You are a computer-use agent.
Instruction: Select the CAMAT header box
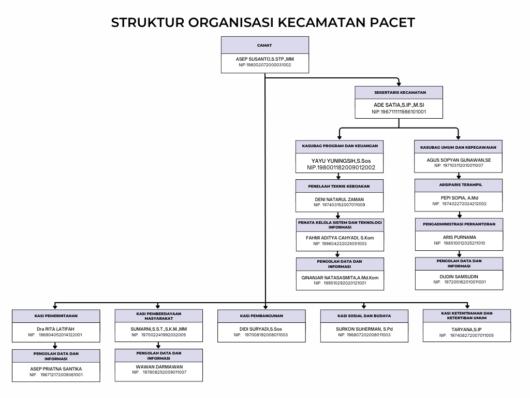[x=264, y=45]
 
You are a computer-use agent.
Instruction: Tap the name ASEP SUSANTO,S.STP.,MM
[x=264, y=59]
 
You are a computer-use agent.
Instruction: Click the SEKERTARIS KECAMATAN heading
[x=399, y=93]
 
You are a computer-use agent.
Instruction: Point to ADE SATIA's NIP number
[x=399, y=111]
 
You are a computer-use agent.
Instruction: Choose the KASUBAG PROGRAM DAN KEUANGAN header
[x=340, y=146]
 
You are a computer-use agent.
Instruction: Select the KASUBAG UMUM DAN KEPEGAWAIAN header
[x=459, y=147]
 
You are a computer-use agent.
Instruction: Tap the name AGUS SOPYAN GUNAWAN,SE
[x=459, y=160]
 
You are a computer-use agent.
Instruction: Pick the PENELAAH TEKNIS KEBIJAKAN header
[x=340, y=186]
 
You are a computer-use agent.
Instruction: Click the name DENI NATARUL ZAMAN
[x=340, y=199]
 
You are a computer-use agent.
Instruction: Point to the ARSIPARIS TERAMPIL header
[x=459, y=184]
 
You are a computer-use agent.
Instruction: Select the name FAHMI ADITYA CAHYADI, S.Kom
[x=340, y=237]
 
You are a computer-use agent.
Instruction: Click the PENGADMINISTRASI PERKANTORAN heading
[x=459, y=224]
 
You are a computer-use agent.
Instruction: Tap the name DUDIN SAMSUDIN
[x=459, y=276]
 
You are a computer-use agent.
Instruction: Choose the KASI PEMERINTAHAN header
[x=56, y=315]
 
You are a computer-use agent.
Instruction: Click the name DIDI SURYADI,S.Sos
[x=261, y=329]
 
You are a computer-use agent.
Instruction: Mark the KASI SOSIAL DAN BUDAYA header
[x=364, y=315]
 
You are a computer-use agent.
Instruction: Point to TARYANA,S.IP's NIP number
[x=467, y=335]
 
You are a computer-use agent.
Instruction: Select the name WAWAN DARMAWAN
[x=159, y=366]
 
